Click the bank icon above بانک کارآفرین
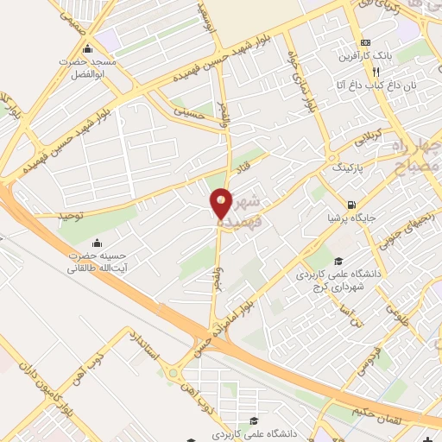click(x=366, y=42)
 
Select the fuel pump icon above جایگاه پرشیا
click(x=350, y=205)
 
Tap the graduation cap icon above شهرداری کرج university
click(x=339, y=261)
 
